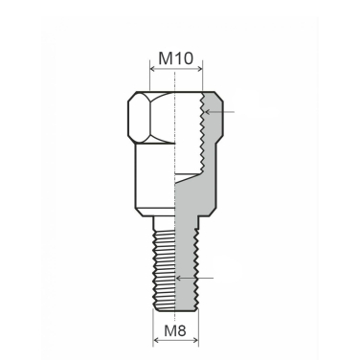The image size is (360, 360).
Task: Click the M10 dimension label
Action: point(176,57)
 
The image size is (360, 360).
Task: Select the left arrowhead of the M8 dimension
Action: point(157,343)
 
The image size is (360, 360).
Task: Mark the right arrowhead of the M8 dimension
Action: point(194,343)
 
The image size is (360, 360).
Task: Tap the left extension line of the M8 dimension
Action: point(154,330)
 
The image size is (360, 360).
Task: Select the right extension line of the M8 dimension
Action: point(197,330)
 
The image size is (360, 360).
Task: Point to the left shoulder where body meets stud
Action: point(143,214)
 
